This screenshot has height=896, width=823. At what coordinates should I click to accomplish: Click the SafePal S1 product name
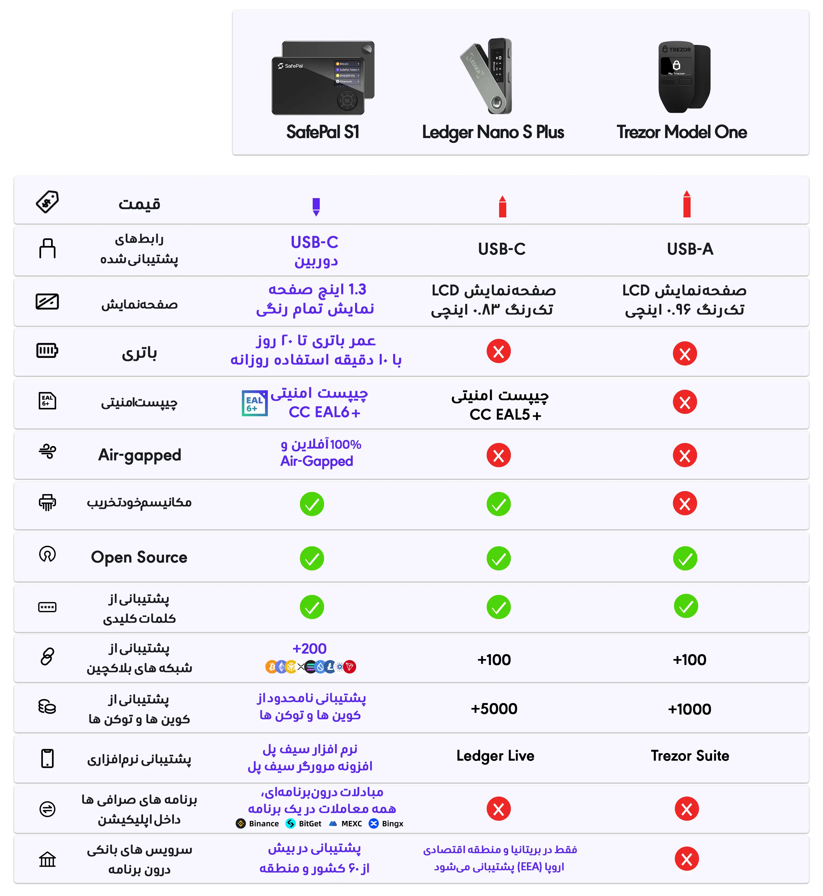coord(322,132)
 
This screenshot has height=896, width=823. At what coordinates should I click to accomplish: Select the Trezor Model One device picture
coord(684,77)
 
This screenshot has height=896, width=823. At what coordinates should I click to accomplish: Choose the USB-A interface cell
coord(690,249)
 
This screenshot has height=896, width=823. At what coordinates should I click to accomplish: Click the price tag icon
coord(47,202)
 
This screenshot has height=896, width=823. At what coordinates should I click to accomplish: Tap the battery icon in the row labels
coord(47,351)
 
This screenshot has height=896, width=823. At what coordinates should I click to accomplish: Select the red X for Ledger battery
coord(498,352)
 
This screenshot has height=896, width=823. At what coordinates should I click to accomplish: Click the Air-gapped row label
coord(139,455)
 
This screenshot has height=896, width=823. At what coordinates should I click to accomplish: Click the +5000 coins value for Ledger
coord(494,708)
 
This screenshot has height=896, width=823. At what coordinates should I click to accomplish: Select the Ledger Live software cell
coord(495,756)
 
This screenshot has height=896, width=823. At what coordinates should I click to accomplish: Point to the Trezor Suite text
coord(690,756)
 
